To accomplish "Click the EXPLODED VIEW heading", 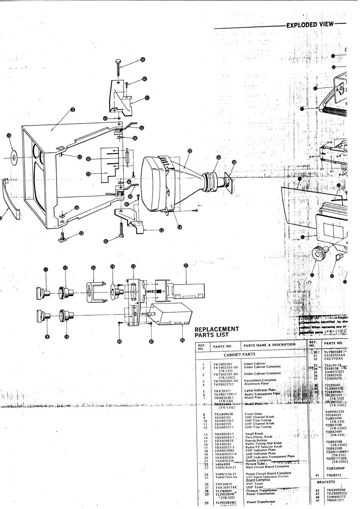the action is [x=310, y=25].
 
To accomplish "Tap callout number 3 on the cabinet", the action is [x=73, y=110].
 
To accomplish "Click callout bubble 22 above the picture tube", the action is [x=190, y=151].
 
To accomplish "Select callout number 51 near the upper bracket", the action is [x=147, y=98].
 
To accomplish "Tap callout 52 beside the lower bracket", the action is [x=162, y=230].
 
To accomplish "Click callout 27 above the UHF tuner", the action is [x=186, y=266].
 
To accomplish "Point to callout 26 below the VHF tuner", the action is [x=182, y=340].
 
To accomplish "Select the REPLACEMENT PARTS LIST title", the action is [x=217, y=332].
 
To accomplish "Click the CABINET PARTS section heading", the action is [x=239, y=355].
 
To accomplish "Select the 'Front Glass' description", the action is [x=254, y=414].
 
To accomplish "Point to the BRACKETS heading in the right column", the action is [x=326, y=482].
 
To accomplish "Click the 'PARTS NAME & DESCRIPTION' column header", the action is [x=269, y=345].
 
